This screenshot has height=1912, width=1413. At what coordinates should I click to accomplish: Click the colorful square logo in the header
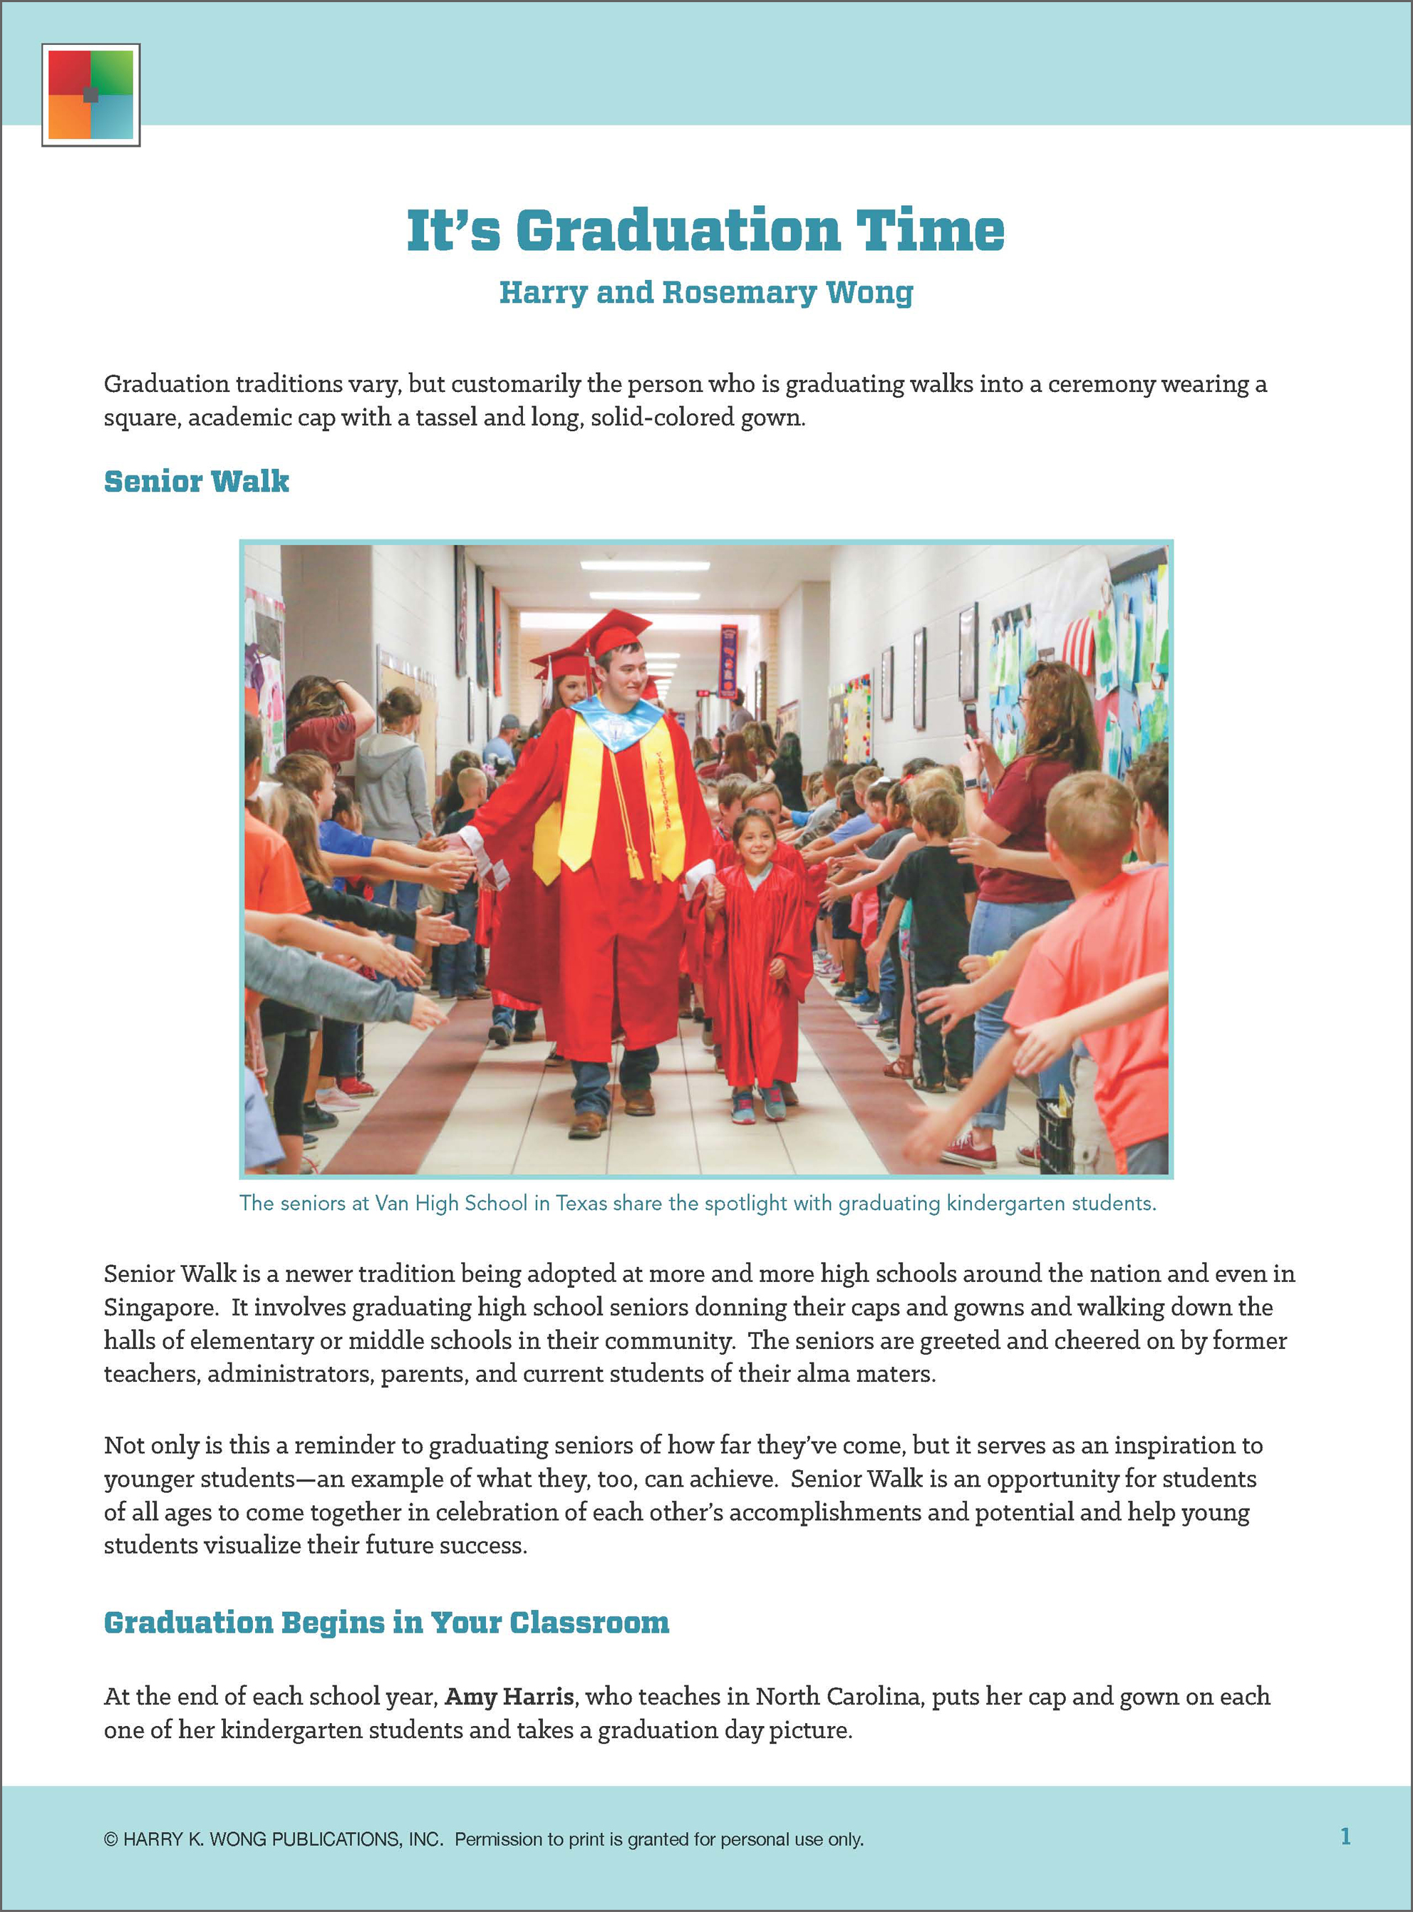90,94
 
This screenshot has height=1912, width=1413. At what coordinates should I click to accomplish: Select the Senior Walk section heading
197,482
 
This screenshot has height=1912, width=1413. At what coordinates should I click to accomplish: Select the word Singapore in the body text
159,1307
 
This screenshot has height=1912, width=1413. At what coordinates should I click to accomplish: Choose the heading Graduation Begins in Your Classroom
385,1623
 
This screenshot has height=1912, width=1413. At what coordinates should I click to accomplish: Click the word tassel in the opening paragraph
445,418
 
